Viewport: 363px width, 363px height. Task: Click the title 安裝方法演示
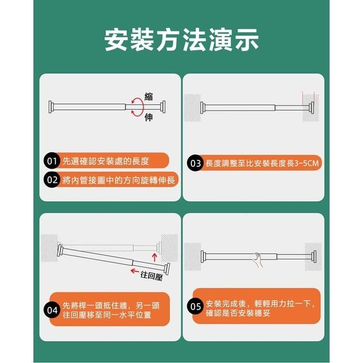[x=181, y=41]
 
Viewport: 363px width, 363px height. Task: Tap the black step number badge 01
[x=52, y=161]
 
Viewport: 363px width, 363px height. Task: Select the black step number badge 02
[x=52, y=180]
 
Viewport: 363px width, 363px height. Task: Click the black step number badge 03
[x=196, y=163]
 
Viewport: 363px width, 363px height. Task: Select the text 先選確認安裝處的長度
[x=106, y=161]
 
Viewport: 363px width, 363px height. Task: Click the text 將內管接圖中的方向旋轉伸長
[x=119, y=180]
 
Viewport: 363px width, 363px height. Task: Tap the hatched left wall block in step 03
[x=193, y=107]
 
